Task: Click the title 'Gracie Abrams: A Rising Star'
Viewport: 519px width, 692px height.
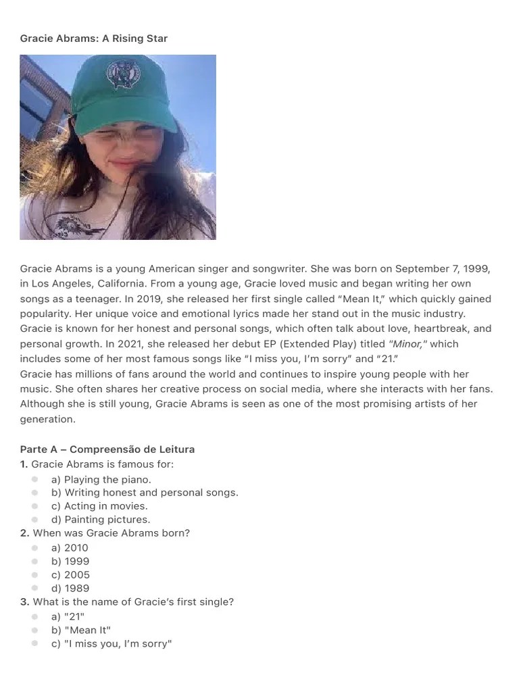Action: click(x=94, y=39)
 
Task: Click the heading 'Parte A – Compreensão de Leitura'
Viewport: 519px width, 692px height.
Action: click(x=107, y=449)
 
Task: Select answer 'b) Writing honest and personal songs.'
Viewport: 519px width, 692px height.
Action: click(x=145, y=493)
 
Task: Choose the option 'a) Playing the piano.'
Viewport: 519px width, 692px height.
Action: click(x=101, y=479)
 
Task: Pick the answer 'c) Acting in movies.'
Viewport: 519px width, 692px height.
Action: click(x=99, y=506)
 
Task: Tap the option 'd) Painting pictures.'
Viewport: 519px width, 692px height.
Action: click(x=101, y=520)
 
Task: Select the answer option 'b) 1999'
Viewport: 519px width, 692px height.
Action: click(x=70, y=562)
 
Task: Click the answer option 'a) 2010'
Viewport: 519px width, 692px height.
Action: click(x=70, y=548)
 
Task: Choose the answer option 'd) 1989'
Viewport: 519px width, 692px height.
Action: click(x=70, y=589)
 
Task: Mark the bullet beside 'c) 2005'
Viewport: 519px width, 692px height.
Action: click(x=34, y=575)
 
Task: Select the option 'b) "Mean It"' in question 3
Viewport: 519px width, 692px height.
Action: click(x=80, y=630)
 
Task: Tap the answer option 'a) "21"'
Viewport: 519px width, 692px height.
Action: click(x=68, y=616)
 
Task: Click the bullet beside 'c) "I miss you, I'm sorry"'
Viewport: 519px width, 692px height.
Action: click(x=34, y=643)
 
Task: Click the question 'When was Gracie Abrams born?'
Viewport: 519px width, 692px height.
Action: click(x=112, y=533)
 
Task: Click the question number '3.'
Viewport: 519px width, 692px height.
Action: click(x=24, y=602)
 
